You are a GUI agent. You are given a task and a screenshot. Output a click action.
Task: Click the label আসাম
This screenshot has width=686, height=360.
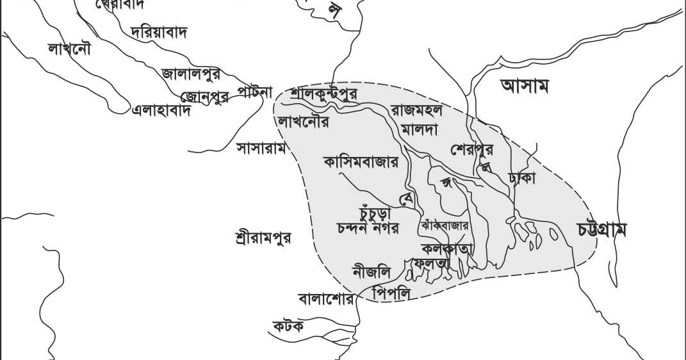525,86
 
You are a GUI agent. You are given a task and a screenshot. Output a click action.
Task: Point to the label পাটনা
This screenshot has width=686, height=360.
256,92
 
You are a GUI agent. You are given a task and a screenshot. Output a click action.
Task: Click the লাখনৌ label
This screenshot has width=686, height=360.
69,48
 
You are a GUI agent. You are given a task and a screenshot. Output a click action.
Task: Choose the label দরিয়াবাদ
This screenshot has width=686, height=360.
158,32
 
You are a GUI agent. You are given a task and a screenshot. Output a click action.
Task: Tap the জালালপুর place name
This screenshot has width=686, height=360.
191,74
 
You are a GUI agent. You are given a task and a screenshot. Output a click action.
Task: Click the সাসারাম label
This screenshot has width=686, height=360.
261,148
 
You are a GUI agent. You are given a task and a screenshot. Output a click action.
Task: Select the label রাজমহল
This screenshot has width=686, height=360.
416,110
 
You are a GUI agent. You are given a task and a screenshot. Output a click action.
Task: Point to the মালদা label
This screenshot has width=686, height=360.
419,129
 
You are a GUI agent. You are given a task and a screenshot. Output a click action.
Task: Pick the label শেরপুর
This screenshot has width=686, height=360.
472,150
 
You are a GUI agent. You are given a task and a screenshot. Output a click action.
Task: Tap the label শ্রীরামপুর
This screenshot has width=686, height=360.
263,238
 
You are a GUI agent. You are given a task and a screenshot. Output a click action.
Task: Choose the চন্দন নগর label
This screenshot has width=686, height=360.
368,228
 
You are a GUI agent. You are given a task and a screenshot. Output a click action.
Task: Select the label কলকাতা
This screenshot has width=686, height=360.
447,248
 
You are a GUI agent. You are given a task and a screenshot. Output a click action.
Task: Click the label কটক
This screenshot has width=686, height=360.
288,326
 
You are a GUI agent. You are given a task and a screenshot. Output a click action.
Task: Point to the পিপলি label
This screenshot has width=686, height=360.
394,293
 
